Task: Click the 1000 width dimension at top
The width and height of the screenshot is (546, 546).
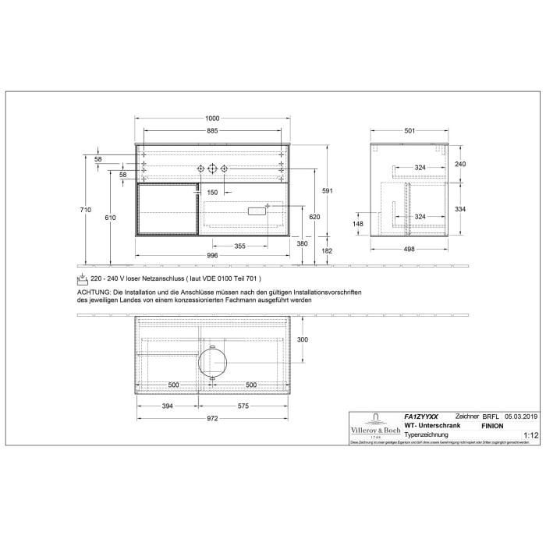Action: [x=211, y=118]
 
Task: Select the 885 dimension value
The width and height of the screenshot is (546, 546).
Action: [x=211, y=131]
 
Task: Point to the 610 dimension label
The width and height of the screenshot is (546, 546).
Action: [x=109, y=218]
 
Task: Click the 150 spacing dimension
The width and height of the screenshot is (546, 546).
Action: [x=212, y=192]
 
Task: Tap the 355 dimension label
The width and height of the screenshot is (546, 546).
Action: [x=240, y=246]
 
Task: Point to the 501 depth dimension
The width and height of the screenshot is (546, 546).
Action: [x=409, y=131]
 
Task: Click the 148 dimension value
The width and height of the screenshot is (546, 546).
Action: [x=358, y=225]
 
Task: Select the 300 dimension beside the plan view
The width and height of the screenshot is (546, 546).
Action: [x=303, y=339]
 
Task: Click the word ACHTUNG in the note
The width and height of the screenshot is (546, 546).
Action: [x=94, y=290]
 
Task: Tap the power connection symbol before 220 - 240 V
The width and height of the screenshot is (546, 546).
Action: [x=82, y=278]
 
